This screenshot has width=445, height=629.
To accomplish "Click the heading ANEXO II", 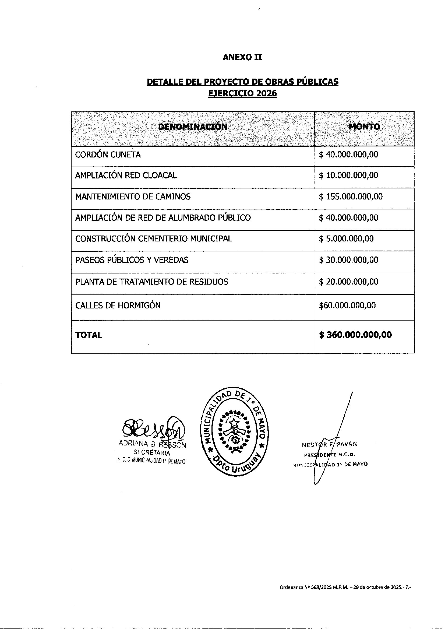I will click(242, 57).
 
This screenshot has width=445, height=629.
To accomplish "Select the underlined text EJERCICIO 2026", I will click(242, 93).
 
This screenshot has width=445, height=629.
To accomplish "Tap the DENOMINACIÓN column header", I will click(193, 126).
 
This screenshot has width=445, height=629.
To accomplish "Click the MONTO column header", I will click(364, 126).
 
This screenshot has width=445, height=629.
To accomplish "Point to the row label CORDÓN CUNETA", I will click(108, 155).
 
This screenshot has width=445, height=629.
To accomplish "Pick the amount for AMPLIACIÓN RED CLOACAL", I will click(348, 175).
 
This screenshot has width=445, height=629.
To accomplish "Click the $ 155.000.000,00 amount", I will click(351, 197).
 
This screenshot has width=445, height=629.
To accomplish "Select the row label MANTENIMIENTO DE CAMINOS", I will click(133, 197).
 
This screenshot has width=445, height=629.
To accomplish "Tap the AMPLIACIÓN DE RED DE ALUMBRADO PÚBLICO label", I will click(163, 218).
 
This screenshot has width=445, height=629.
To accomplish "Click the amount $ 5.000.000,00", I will click(346, 239).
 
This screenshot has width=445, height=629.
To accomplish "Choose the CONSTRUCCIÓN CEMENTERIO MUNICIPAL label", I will click(153, 239).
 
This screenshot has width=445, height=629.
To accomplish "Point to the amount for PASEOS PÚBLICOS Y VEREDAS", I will click(348, 260).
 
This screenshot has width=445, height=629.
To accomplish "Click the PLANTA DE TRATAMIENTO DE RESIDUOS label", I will click(151, 282).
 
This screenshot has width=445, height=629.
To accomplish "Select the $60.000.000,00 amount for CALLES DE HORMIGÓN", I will click(347, 305).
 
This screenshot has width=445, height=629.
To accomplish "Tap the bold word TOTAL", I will click(89, 335).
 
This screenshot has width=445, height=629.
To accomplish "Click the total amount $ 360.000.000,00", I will click(355, 335).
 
